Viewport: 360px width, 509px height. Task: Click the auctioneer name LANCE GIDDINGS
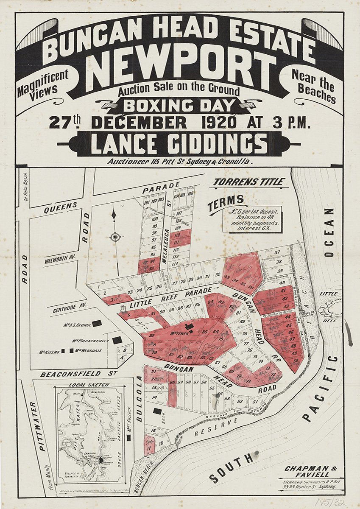179,144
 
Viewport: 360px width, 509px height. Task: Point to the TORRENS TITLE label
248,182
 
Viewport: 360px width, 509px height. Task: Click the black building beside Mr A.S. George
97,323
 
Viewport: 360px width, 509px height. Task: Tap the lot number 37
278,252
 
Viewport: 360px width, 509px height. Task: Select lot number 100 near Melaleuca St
154,219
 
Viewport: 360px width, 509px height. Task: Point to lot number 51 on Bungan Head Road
255,402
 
